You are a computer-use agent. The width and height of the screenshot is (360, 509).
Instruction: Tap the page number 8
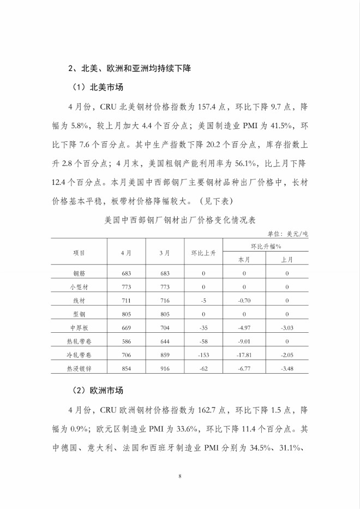(179, 477)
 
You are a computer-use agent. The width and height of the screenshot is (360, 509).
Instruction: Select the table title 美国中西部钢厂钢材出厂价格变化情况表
(179, 222)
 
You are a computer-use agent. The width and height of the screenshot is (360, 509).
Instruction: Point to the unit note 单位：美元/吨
(289, 233)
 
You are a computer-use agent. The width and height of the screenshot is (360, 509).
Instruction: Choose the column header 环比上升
(203, 253)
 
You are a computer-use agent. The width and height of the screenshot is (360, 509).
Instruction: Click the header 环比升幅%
(265, 245)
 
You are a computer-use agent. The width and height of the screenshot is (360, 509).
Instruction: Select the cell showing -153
(203, 355)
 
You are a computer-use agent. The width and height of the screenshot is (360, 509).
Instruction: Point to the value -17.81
(244, 355)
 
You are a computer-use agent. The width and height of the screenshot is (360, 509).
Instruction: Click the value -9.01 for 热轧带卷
(244, 341)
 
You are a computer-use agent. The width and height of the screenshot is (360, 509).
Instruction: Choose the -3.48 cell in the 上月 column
(287, 369)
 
